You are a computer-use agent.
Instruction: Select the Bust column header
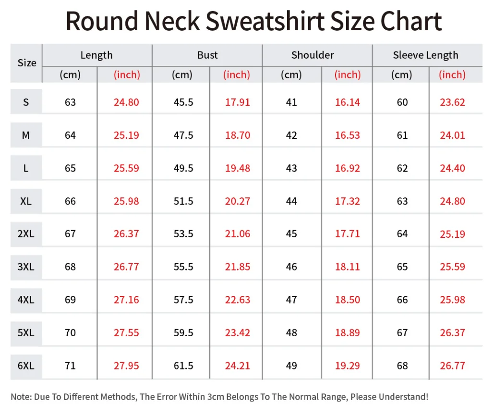[207, 55]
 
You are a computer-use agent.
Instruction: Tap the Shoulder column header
[313, 55]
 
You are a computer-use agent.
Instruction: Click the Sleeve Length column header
[425, 55]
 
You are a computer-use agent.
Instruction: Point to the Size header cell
[27, 63]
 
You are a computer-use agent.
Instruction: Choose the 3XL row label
[26, 267]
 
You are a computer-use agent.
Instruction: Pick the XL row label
[26, 201]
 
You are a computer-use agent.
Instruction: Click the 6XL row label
[26, 366]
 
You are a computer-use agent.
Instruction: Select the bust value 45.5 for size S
[183, 102]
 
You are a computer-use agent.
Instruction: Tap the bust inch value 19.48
[238, 168]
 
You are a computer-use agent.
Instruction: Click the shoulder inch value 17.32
[347, 201]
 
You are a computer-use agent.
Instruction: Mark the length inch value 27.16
[126, 300]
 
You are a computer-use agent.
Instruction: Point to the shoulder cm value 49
[291, 366]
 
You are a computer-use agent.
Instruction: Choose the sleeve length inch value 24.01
[452, 135]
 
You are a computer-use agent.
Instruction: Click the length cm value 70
[70, 333]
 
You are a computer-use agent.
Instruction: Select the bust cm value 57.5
[183, 300]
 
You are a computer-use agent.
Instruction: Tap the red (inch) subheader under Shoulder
[348, 75]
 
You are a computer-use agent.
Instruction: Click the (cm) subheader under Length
[70, 75]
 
